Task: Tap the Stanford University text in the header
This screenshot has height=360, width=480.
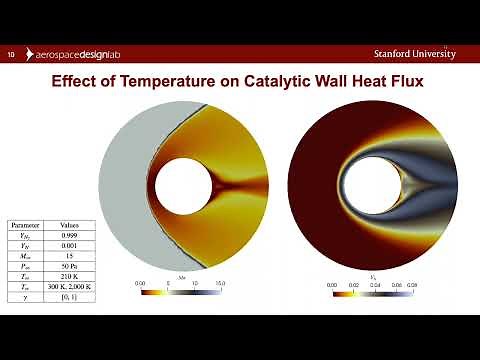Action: [415, 53]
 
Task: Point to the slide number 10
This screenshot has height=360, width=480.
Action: [11, 54]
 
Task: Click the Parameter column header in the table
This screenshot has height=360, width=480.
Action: [25, 226]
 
